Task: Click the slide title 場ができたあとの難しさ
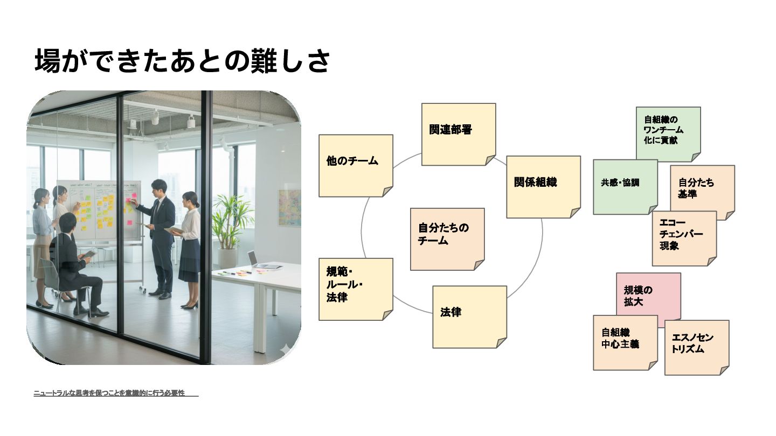pyautogui.click(x=182, y=60)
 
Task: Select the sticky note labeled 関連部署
pyautogui.click(x=458, y=134)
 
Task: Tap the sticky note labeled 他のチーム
pyautogui.click(x=356, y=165)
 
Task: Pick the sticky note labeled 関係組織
pyautogui.click(x=543, y=187)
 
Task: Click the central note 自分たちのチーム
pyautogui.click(x=447, y=238)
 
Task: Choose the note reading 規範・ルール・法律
pyautogui.click(x=356, y=289)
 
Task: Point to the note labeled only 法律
pyautogui.click(x=469, y=317)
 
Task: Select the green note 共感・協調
pyautogui.click(x=625, y=186)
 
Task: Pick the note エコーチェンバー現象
pyautogui.click(x=684, y=238)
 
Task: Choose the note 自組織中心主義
pyautogui.click(x=625, y=342)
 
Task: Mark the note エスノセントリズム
pyautogui.click(x=696, y=347)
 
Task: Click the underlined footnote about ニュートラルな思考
pyautogui.click(x=116, y=393)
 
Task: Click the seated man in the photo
pyautogui.click(x=78, y=264)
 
